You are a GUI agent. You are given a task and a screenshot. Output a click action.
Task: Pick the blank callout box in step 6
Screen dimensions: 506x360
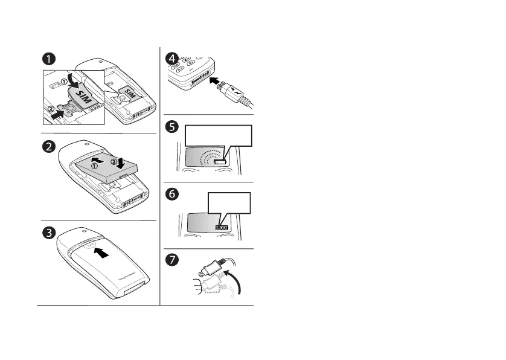point(228,204)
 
